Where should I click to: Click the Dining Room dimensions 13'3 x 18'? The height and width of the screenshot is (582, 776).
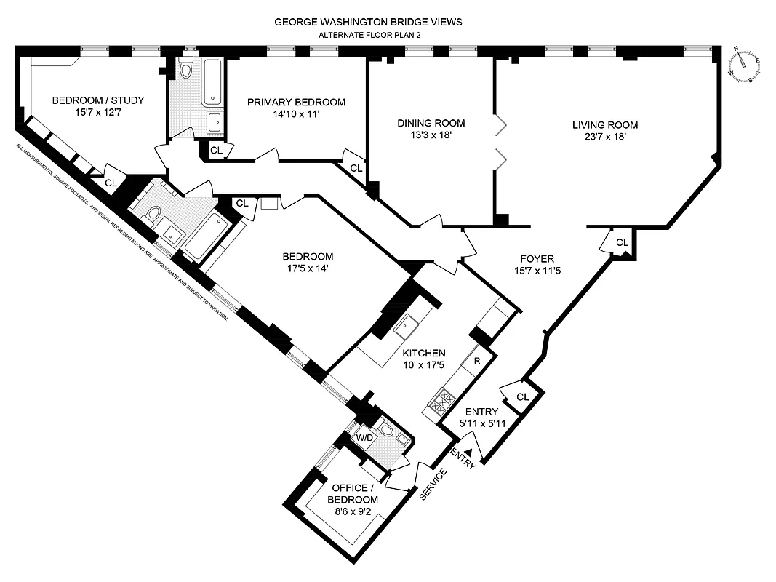coord(431,135)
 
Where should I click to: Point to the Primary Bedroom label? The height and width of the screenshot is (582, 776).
coord(295,102)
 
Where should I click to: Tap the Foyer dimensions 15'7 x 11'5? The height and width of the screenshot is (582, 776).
coord(537,271)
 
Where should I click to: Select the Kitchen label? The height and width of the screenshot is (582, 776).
coord(424,353)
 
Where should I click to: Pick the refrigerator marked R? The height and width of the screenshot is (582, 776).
coord(476,361)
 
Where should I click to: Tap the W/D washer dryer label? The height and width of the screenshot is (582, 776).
coord(363,438)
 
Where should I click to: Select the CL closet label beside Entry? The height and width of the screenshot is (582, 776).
coord(522,396)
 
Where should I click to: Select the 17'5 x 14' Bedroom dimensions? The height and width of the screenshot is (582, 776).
coord(308,268)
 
